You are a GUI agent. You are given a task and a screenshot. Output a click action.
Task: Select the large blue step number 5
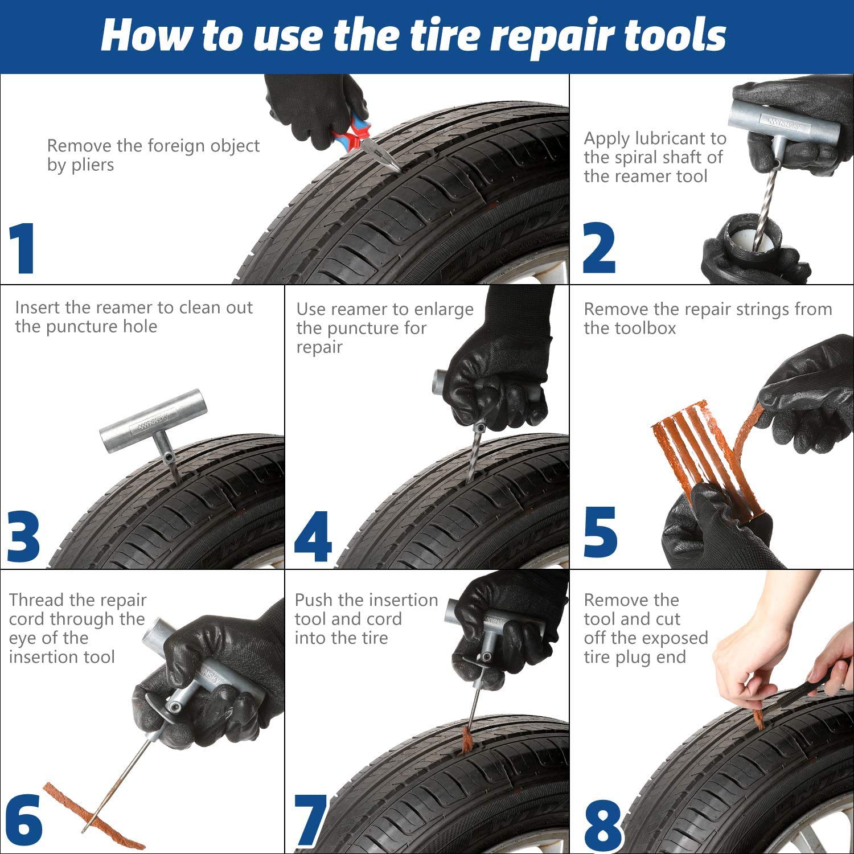(x=600, y=532)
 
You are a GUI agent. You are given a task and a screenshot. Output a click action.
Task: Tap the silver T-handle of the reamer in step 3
(x=153, y=421)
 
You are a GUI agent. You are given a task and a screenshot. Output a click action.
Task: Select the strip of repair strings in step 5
(x=697, y=455)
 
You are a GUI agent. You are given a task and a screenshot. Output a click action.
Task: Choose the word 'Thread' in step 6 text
(x=36, y=600)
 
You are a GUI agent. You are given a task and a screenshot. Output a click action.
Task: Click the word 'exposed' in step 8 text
(x=674, y=638)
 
